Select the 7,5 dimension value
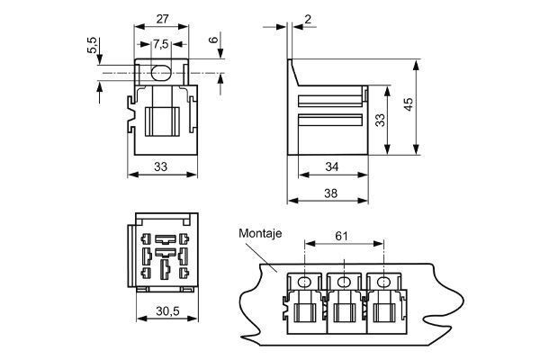coord(160,44)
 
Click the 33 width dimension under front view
coord(160,166)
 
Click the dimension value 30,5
coord(162,310)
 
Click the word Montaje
coord(261,233)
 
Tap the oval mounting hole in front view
coord(161,71)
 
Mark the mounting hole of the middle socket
coord(344,282)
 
